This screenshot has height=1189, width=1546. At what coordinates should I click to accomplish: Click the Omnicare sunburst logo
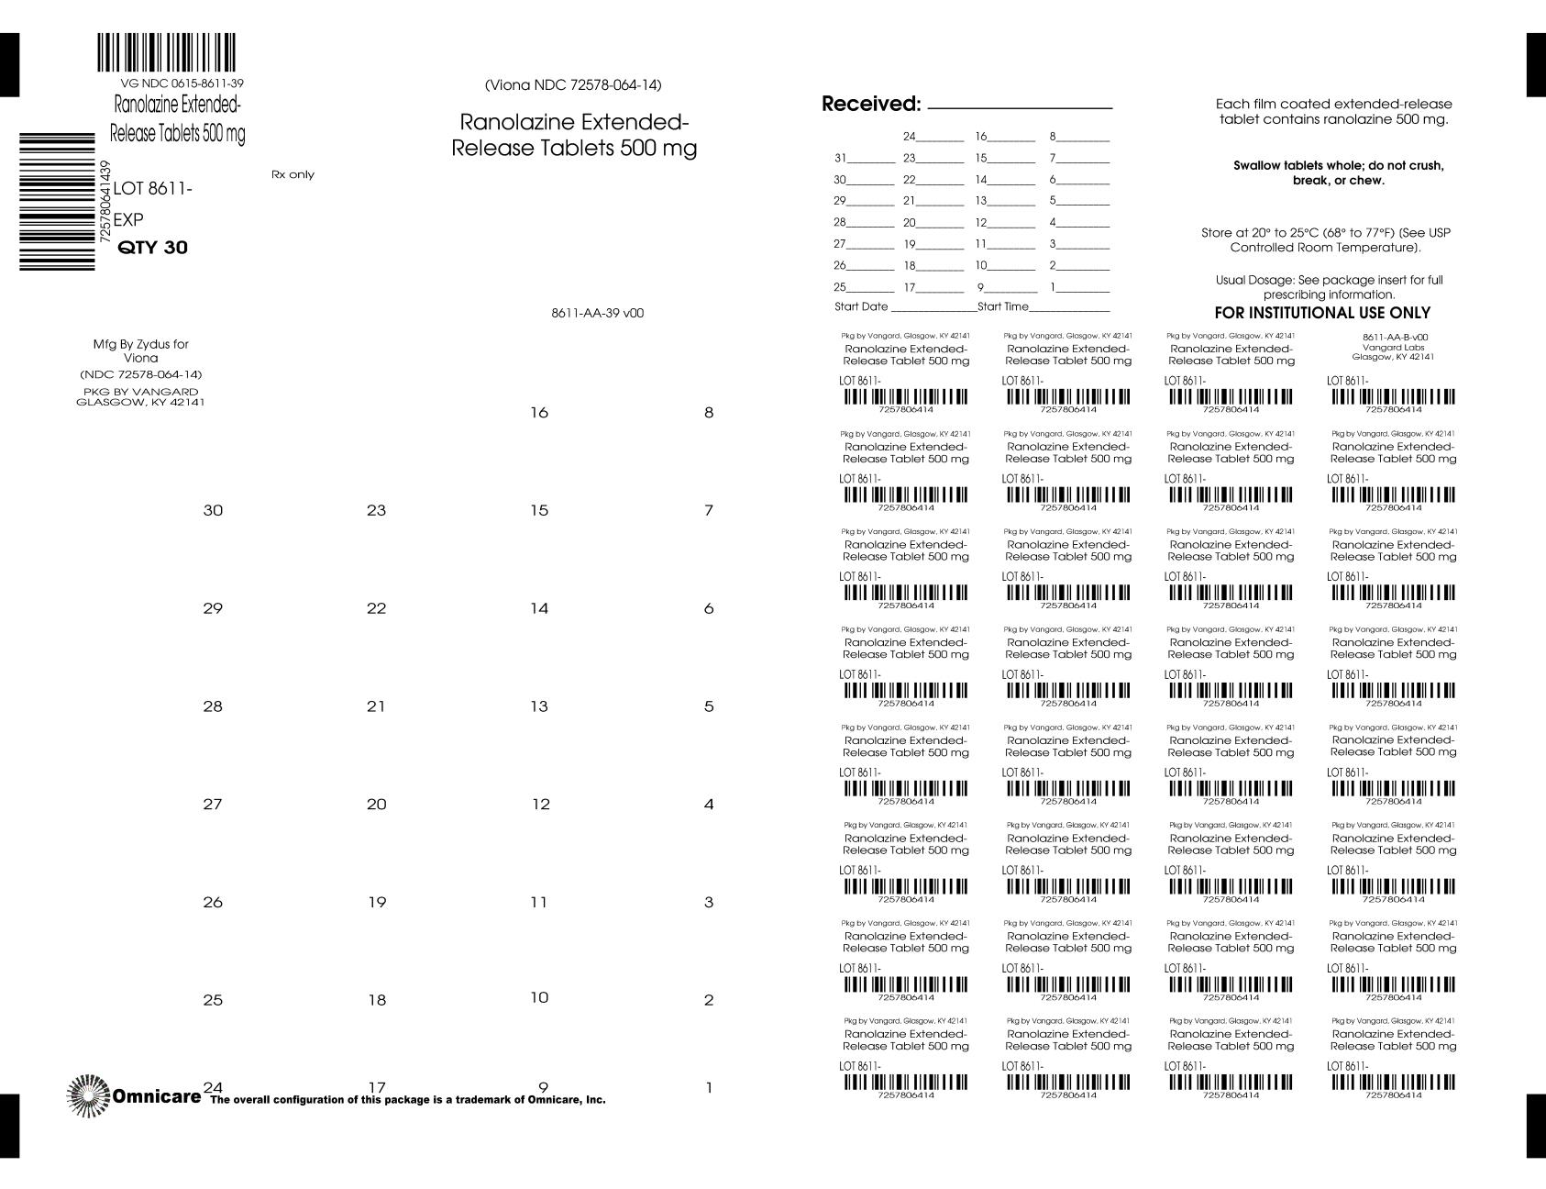coord(88,1095)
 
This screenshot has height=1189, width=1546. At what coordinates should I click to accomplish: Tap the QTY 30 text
coord(153,248)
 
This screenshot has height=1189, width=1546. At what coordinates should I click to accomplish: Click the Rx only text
coord(293,174)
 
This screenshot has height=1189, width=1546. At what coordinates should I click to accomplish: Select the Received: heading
coord(870,105)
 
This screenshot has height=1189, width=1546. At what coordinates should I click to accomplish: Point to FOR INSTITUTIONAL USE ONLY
coord(1322,313)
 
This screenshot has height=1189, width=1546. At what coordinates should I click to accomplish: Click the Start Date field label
coord(861,306)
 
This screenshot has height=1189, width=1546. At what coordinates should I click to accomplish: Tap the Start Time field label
coord(1003,306)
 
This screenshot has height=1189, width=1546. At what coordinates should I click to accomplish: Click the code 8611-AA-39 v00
coord(597,313)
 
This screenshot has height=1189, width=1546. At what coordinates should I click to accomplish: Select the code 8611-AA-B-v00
coord(1394,337)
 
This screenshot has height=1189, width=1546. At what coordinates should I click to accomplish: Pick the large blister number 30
coord(213,510)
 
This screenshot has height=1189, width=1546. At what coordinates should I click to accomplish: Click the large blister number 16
coord(539,413)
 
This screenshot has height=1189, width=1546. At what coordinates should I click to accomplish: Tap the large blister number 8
coord(709,413)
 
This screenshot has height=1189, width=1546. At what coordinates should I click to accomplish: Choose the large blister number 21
coord(376,706)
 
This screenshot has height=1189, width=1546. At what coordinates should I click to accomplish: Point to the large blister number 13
coord(539,706)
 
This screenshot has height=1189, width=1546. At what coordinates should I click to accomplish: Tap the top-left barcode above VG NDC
coord(166,53)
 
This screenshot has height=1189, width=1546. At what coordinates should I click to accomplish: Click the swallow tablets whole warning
coord(1338,172)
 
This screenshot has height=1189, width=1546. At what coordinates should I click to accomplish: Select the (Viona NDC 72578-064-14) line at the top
coord(573,85)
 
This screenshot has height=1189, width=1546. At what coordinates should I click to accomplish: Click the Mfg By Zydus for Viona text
coord(140,350)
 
